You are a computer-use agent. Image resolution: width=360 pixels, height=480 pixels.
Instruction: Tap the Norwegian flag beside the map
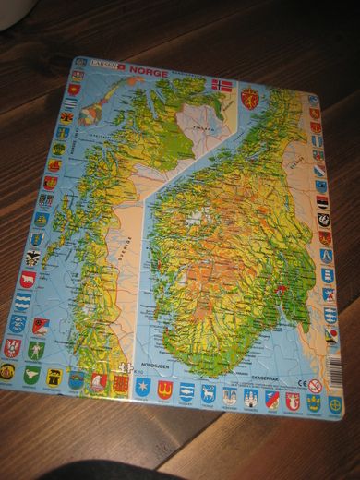[x=222, y=85]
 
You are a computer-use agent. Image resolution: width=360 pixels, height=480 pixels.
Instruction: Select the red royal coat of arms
[x=248, y=96]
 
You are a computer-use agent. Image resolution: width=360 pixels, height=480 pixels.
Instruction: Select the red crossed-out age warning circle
[x=316, y=386]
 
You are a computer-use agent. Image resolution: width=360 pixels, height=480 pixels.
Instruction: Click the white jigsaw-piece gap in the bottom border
[x=121, y=378]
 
